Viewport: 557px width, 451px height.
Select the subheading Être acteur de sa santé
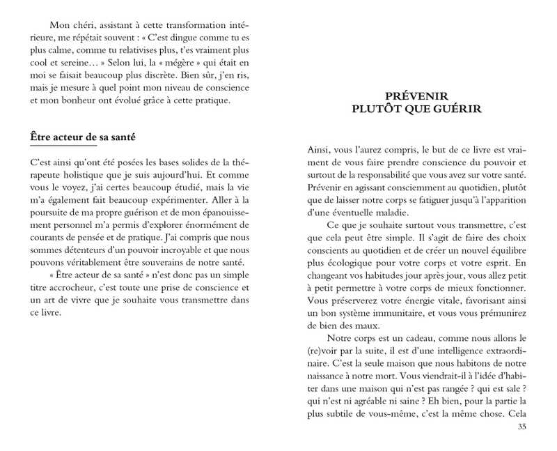click(83, 137)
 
